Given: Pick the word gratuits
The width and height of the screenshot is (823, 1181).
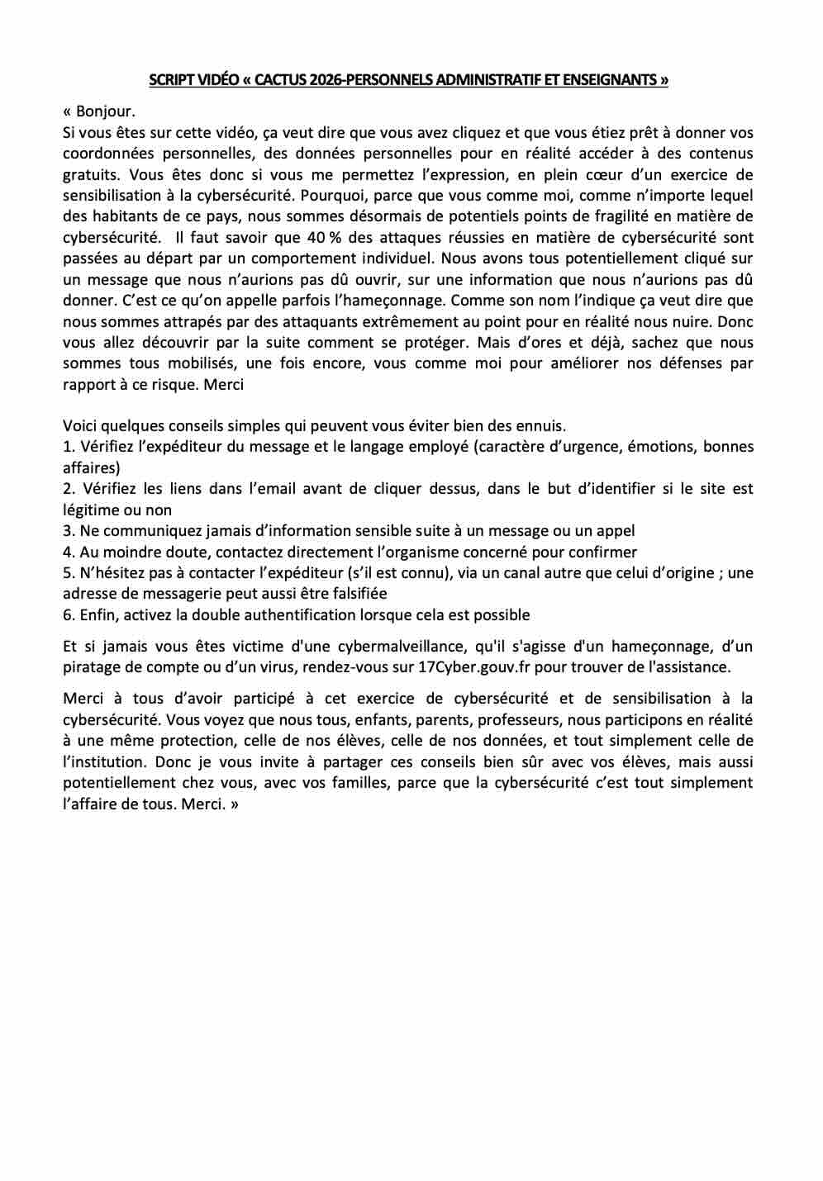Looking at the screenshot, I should pyautogui.click(x=90, y=174).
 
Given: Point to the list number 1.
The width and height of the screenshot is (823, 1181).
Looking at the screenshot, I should pyautogui.click(x=68, y=447).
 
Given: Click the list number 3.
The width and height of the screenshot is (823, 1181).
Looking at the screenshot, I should pyautogui.click(x=68, y=531).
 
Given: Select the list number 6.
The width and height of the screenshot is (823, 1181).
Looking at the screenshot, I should pyautogui.click(x=68, y=615).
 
